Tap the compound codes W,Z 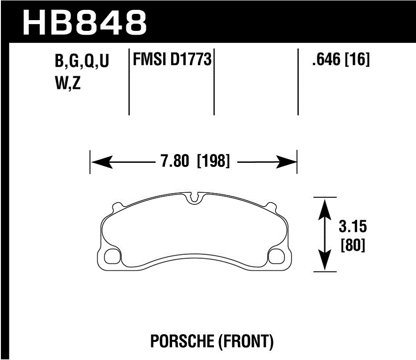pos(67,84)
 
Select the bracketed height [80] pos(353,246)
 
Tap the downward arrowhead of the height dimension pos(325,262)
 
